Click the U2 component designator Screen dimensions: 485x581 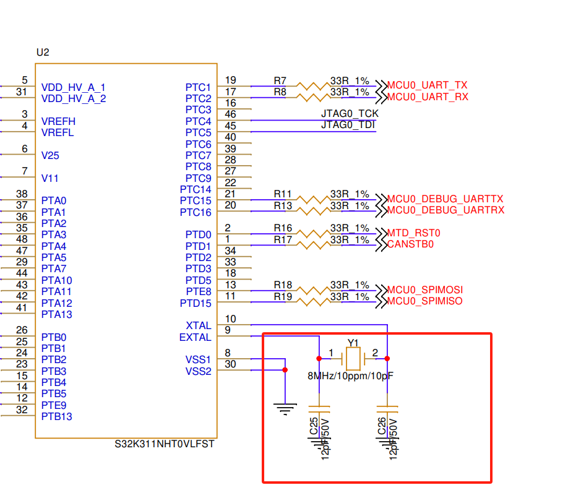43,53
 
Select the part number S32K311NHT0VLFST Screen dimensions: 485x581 165,444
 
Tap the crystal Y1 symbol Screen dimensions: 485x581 353,359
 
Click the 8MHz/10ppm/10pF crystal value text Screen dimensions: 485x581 350,376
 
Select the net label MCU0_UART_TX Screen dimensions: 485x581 427,85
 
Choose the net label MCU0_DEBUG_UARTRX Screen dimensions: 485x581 445,210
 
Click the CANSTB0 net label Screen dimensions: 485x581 410,244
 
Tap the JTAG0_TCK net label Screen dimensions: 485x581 350,114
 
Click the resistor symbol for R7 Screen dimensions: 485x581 312,86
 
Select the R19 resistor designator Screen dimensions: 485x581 283,296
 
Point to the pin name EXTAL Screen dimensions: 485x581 195,337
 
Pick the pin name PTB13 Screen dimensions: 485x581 57,416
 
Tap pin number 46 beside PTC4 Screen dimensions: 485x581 230,114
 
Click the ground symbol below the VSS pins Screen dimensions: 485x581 285,408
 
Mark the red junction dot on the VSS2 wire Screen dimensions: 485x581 285,370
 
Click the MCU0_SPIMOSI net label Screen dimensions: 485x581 424,290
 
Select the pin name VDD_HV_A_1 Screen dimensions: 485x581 73,87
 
